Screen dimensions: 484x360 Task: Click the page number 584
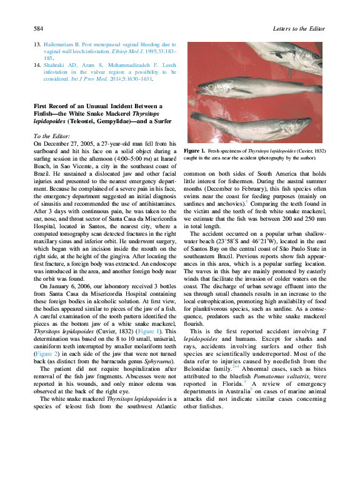pyautogui.click(x=37, y=29)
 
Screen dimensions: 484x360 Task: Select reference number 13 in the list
pyautogui.click(x=37, y=45)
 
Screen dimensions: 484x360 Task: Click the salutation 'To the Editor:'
pyautogui.click(x=52, y=136)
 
